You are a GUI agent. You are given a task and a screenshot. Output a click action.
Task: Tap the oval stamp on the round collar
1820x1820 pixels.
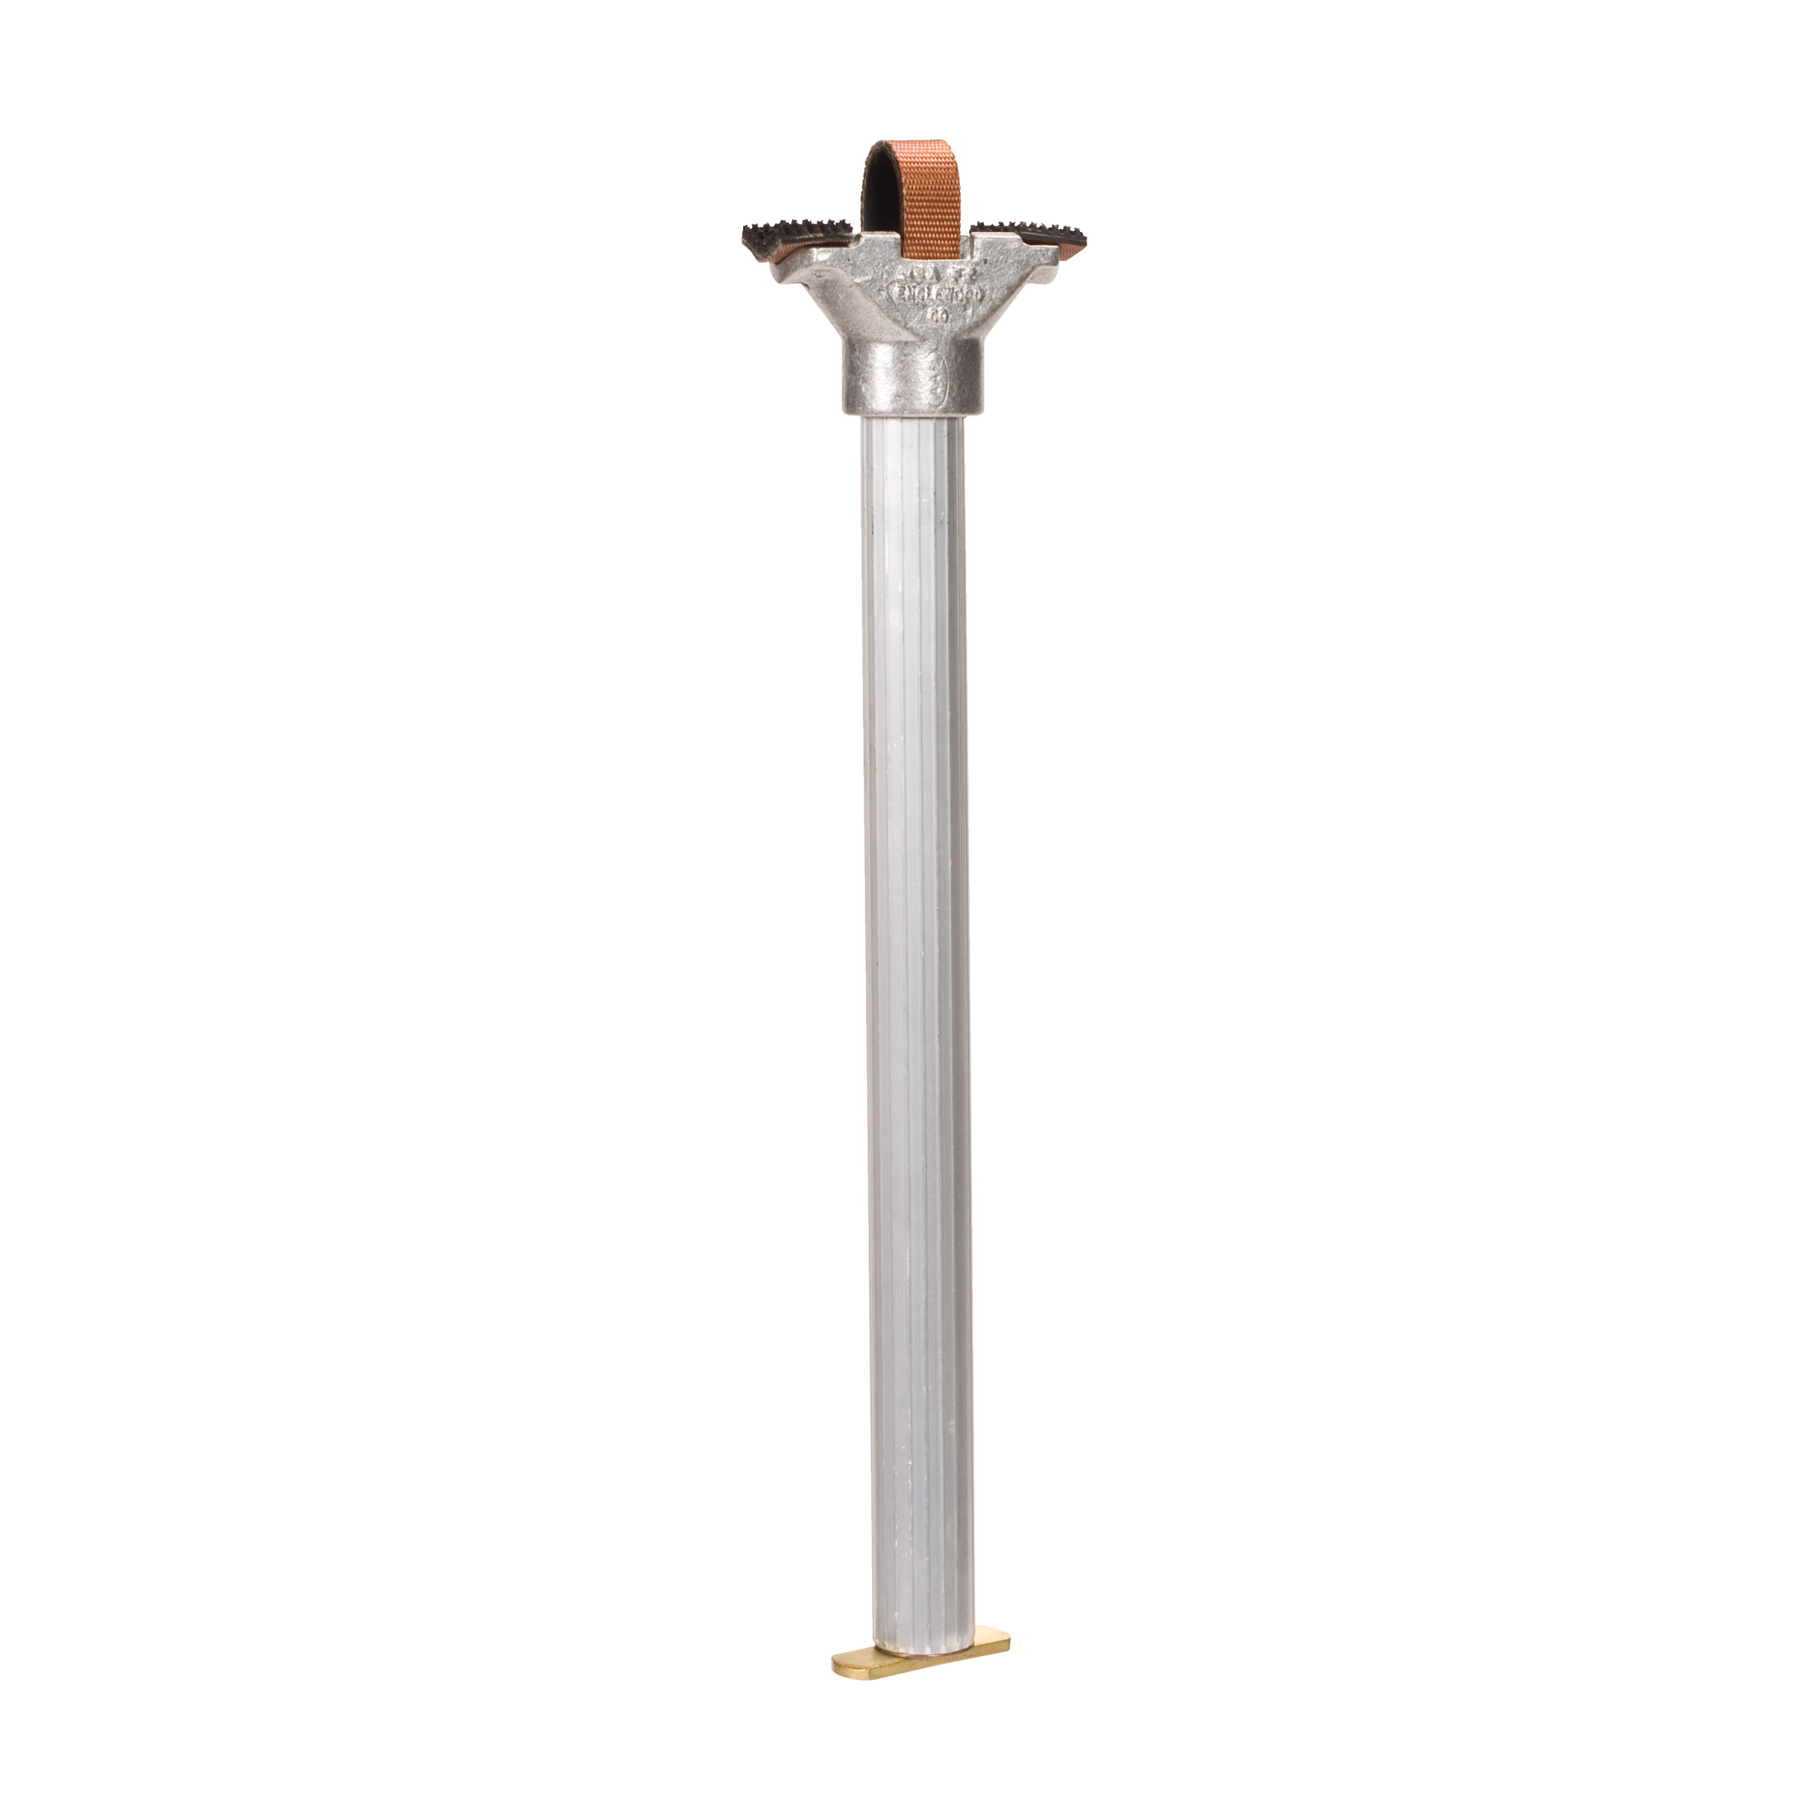(940, 381)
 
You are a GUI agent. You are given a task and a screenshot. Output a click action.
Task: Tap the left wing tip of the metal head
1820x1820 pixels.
(778, 273)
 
